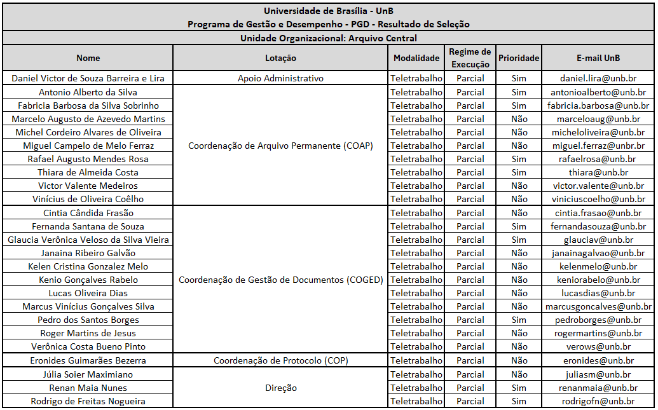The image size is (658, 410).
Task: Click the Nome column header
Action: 88,58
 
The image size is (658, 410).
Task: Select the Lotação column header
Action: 280,58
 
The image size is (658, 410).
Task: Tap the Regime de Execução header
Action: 470,58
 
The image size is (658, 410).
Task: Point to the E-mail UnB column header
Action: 598,58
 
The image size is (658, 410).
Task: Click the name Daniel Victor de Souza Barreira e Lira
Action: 88,78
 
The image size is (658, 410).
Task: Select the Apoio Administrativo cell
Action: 280,78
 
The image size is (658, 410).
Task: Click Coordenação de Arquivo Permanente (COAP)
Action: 280,146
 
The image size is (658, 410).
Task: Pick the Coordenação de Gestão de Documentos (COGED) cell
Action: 280,280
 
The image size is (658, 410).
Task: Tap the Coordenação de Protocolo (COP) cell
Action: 280,360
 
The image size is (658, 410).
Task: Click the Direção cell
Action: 280,388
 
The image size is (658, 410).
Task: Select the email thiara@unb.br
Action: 598,172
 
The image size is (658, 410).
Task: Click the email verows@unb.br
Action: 598,346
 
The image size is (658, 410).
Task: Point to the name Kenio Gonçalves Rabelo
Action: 88,280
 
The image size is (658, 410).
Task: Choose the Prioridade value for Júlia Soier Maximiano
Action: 519,374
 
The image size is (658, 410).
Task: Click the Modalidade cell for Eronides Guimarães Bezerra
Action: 416,360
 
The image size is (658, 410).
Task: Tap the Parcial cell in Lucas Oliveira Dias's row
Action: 470,293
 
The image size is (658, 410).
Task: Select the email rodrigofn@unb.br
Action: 598,401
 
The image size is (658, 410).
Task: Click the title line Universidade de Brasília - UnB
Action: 328,11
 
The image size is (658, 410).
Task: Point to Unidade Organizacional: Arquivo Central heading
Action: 328,38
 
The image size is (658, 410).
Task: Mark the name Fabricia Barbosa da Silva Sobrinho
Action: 88,106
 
